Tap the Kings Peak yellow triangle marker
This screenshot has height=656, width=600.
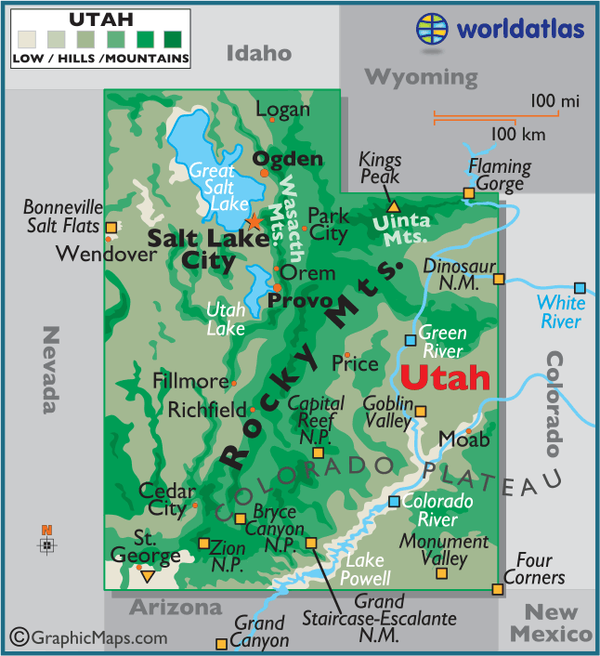tap(393, 205)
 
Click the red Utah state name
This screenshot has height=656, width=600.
tap(445, 377)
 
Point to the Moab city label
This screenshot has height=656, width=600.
tap(456, 438)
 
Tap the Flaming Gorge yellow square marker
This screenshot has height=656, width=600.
tap(468, 193)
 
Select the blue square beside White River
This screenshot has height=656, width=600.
tap(580, 288)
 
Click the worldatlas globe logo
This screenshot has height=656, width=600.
tap(432, 28)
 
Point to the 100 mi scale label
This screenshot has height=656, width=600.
tap(555, 99)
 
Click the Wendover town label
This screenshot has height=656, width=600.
tap(93, 253)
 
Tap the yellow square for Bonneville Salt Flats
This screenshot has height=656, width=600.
tap(111, 228)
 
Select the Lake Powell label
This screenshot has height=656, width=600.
tap(367, 569)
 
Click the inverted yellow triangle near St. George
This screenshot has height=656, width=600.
tap(147, 577)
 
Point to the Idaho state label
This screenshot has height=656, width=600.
tap(259, 53)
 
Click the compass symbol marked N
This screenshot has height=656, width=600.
tap(47, 544)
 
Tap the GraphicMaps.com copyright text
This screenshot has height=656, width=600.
tap(89, 637)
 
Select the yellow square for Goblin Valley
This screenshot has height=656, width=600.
tap(421, 412)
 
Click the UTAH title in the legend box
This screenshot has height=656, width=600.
tap(101, 19)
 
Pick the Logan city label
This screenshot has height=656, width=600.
tap(282, 110)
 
